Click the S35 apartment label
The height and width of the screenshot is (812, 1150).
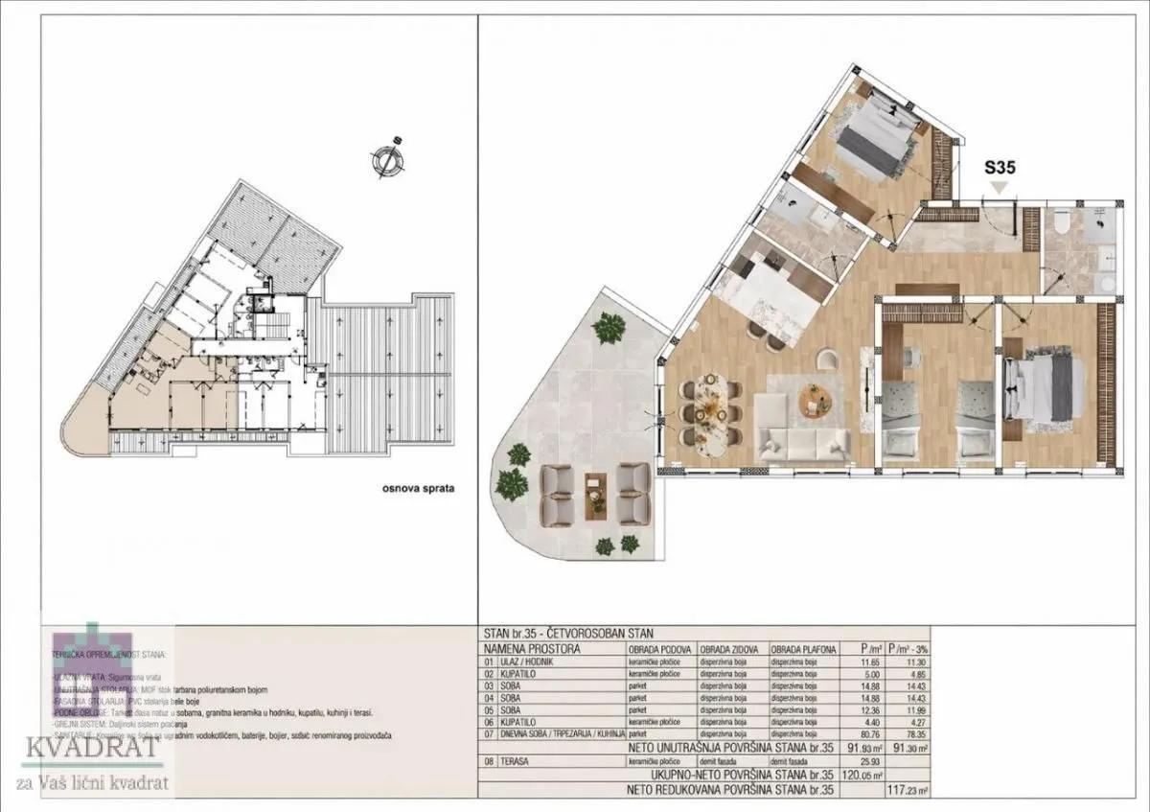(x=1000, y=166)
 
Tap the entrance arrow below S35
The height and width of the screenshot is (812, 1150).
(x=1000, y=189)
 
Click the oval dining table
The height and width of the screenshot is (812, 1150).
(x=711, y=412)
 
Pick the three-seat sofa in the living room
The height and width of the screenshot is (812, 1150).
(x=803, y=443)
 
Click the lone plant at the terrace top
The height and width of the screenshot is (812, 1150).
(x=608, y=329)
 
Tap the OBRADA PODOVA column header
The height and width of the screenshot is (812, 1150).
(x=660, y=648)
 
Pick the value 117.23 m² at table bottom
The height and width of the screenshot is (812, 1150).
(x=910, y=791)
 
